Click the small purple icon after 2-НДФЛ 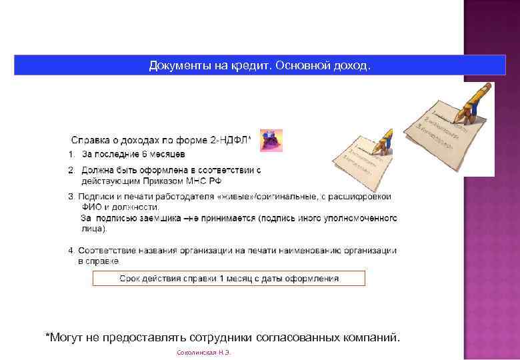[x=271, y=141]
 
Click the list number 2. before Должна [x=72, y=171]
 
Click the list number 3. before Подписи [x=72, y=197]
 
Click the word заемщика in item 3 [x=158, y=218]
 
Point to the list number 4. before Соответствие [x=72, y=251]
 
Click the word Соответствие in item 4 [x=107, y=251]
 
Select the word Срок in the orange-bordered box [x=130, y=279]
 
